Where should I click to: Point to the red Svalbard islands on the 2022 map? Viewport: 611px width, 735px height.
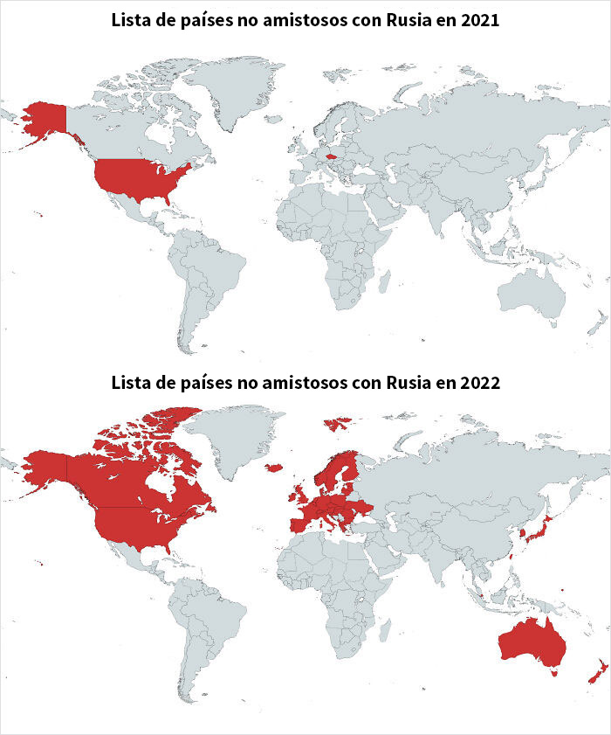click(338, 424)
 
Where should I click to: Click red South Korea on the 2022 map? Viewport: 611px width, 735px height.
click(523, 531)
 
